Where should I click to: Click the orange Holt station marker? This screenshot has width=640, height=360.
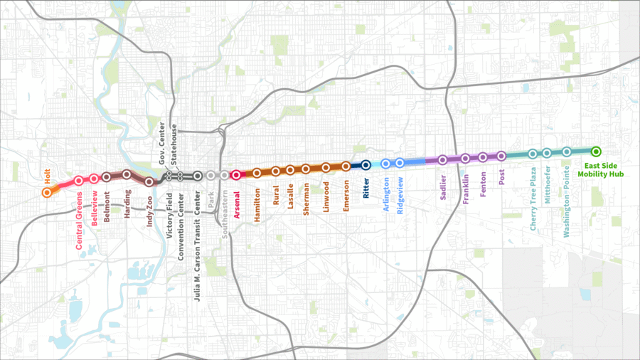[x=47, y=192]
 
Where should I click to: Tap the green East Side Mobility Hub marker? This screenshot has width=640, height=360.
[x=596, y=151]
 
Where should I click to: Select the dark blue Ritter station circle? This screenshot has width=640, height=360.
[x=366, y=164]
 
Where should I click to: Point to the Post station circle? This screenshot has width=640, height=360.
[x=501, y=155]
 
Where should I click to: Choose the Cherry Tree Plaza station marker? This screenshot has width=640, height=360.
[x=533, y=154]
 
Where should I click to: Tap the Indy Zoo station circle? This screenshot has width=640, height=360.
[x=149, y=181]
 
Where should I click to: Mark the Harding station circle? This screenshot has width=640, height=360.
[x=127, y=174]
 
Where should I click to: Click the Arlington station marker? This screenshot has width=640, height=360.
[x=385, y=163]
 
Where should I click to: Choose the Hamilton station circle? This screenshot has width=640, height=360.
[x=257, y=173]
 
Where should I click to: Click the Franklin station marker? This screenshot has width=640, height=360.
[x=465, y=159]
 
